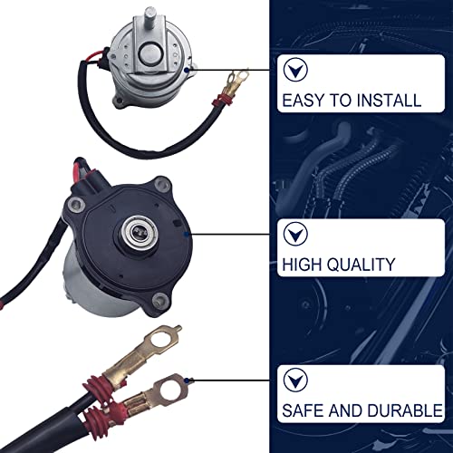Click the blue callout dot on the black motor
click(185, 233)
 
